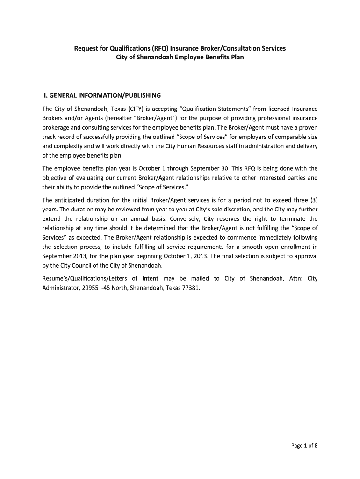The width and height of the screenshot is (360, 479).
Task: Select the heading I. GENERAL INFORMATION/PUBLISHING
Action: [x=102, y=95]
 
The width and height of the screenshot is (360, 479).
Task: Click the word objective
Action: [x=55, y=178]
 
